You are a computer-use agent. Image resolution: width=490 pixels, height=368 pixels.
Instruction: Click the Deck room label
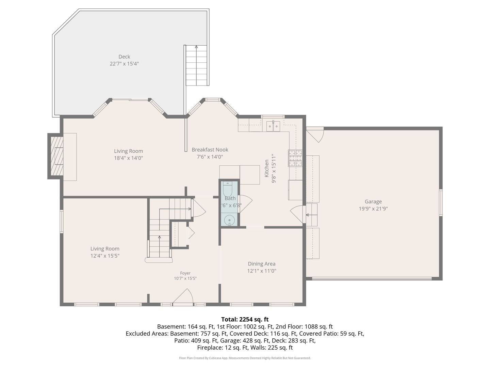tap(124, 57)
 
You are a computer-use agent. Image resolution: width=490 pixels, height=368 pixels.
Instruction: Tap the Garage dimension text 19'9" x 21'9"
tap(373, 209)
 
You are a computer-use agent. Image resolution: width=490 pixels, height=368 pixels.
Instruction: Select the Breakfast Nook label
tap(210, 150)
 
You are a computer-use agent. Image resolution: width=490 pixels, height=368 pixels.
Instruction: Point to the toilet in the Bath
tap(228, 189)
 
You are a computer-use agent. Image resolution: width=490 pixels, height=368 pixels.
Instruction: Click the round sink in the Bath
tap(229, 220)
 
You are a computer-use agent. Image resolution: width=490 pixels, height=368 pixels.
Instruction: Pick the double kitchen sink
tap(273, 126)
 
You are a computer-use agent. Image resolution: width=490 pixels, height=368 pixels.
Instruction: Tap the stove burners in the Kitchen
tap(295, 158)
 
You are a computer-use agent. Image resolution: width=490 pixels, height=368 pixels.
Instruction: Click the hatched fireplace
tap(57, 156)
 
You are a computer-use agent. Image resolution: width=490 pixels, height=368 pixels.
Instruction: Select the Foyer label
tap(185, 273)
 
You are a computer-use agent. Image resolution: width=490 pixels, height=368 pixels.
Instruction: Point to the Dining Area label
tap(262, 264)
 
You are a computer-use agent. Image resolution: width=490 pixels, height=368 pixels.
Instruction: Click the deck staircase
tap(196, 65)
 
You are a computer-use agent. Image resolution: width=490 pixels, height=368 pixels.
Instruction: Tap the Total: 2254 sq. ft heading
tap(245, 319)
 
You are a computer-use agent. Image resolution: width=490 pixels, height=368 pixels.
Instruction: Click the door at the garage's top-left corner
tap(315, 135)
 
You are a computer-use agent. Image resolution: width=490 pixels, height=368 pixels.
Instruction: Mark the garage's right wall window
tap(441, 203)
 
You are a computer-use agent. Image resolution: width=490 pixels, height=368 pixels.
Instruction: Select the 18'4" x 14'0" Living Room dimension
tap(129, 158)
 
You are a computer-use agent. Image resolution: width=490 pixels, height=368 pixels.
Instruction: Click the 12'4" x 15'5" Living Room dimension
tap(105, 256)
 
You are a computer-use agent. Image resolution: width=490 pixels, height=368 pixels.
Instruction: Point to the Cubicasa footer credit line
tap(245, 358)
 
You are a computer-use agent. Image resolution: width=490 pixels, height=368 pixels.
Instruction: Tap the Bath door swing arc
tap(246, 203)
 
